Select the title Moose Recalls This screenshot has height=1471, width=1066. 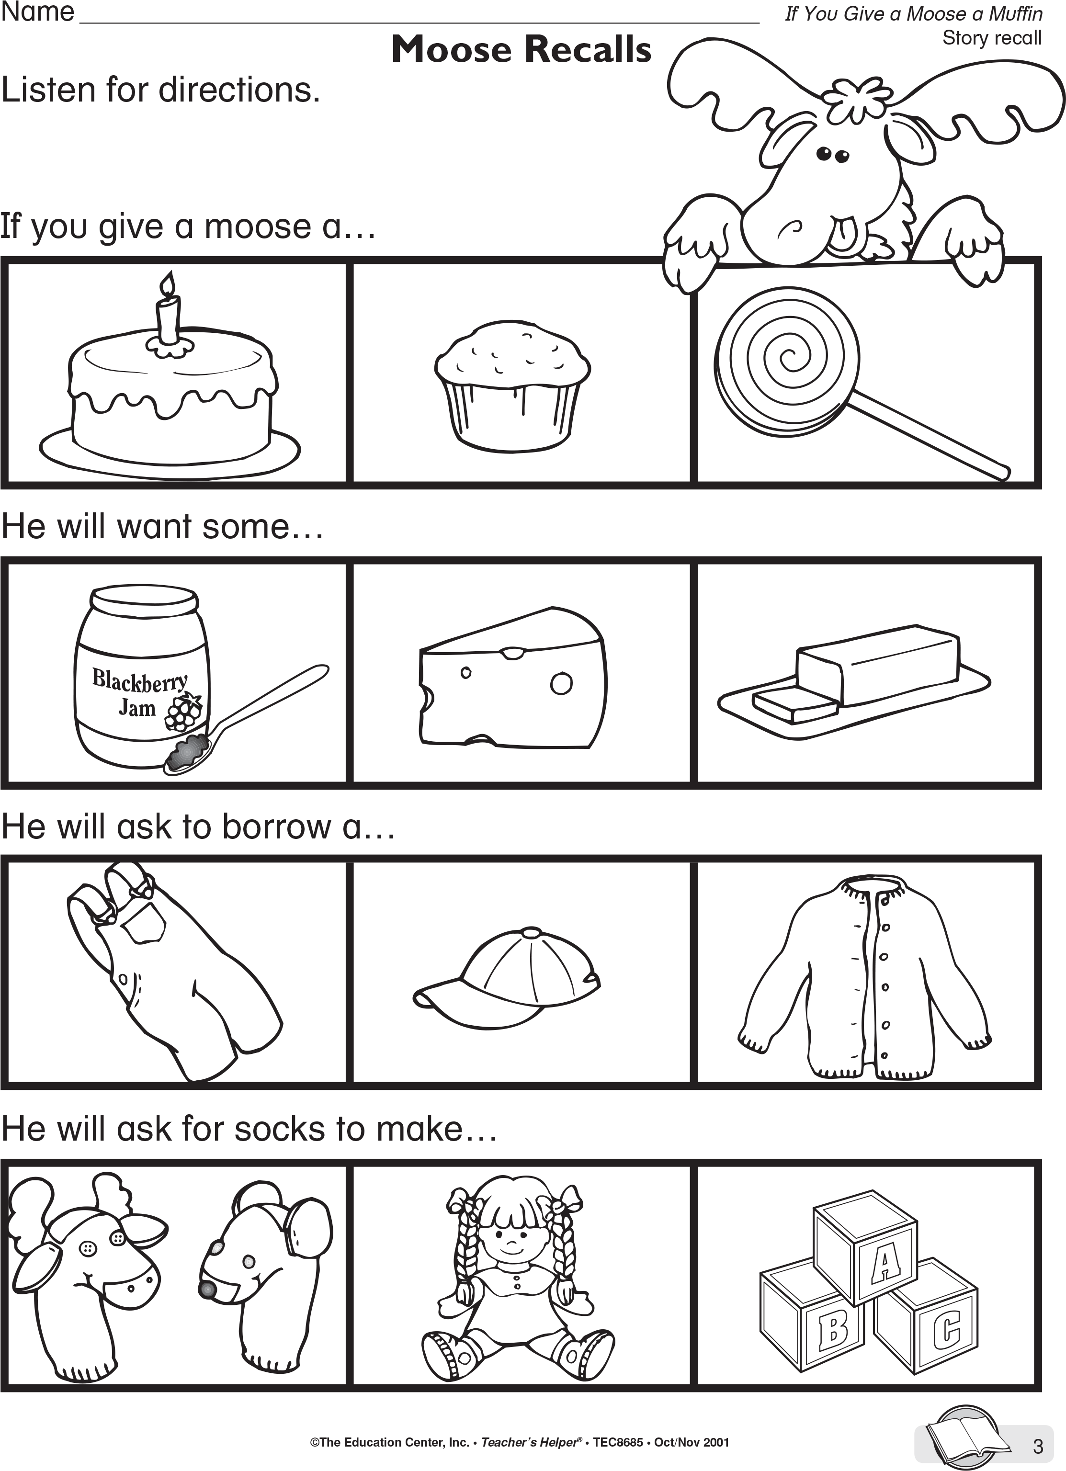521,50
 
